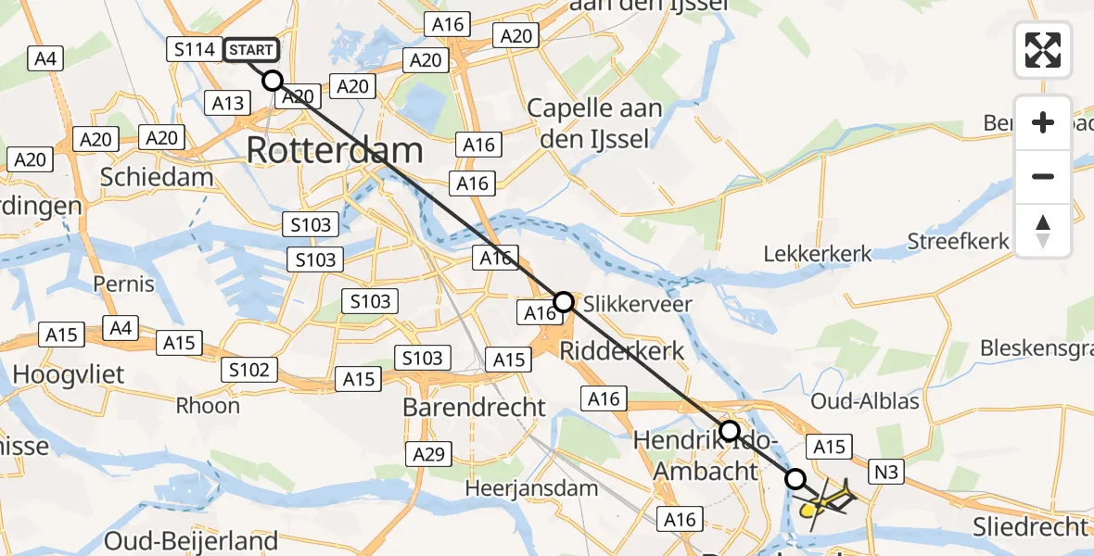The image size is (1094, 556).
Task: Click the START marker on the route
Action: pos(250,49)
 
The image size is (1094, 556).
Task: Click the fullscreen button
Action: pos(1043,50)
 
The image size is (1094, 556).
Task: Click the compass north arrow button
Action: pos(1043,231)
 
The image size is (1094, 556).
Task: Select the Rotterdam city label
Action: pos(335,150)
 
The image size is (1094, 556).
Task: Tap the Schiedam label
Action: pos(157,177)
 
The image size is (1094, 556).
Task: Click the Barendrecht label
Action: pos(475,407)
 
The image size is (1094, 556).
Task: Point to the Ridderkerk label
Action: pos(622,351)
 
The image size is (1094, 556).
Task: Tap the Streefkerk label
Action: pos(958,242)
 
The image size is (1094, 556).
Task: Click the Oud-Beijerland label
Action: pos(191,540)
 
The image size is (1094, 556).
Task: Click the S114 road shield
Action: pos(195,49)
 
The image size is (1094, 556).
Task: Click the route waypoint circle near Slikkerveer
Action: pos(564,301)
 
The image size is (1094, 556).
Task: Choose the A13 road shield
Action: pos(229,103)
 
